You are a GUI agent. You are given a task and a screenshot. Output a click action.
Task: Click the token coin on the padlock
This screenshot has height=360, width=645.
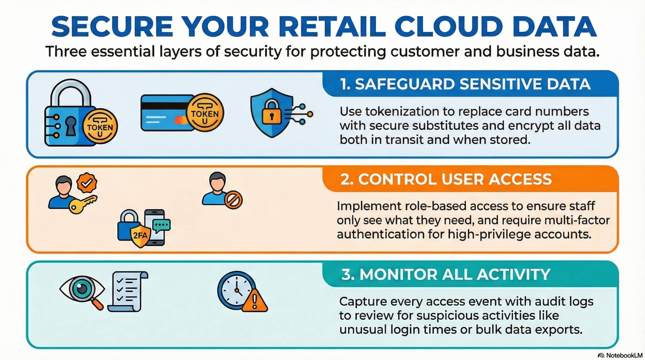click(100, 127)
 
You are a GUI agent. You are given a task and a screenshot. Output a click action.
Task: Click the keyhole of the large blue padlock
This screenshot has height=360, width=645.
click(71, 125)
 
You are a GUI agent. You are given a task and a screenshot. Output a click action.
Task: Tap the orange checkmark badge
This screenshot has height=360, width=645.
click(87, 183)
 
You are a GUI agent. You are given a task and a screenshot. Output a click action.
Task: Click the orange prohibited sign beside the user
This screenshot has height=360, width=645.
click(233, 200)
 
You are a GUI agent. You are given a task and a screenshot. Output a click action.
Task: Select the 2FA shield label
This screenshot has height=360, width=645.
click(140, 235)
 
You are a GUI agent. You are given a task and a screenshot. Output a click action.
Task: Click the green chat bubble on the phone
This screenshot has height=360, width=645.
click(162, 225)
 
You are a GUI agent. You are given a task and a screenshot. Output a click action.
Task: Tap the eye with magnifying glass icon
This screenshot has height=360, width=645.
click(82, 290)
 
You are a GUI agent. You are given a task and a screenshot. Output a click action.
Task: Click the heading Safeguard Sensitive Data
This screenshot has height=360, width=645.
click(465, 84)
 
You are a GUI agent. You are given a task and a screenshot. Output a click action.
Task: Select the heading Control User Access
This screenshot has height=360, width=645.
click(446, 179)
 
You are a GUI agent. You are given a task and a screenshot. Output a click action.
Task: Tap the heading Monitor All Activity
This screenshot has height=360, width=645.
click(446, 274)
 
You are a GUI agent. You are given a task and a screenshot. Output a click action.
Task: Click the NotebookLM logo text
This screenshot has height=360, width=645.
click(624, 355)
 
